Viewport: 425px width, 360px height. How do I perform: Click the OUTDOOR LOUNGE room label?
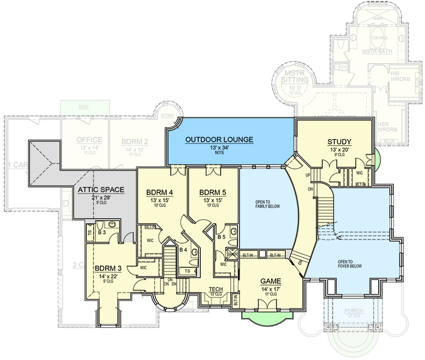click(x=219, y=140)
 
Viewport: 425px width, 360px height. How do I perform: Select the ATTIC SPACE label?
click(x=101, y=190)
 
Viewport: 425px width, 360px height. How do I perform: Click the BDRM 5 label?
click(x=213, y=192)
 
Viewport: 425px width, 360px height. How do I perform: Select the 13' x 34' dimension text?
click(x=219, y=148)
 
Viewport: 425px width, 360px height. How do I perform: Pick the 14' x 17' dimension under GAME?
click(x=270, y=288)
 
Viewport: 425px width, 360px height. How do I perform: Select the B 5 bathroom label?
click(x=222, y=237)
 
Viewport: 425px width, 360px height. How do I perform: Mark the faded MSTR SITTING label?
click(x=294, y=76)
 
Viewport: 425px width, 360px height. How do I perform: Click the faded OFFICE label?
click(x=89, y=140)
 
